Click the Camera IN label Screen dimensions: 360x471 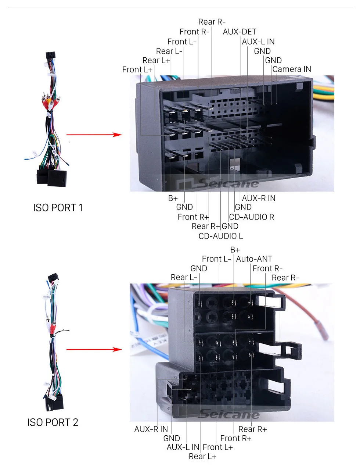pyautogui.click(x=292, y=69)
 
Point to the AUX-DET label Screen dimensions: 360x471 pyautogui.click(x=240, y=32)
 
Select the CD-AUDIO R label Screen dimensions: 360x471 pyautogui.click(x=252, y=217)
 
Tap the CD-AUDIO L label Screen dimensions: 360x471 pyautogui.click(x=220, y=236)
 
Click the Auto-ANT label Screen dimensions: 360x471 pyautogui.click(x=254, y=259)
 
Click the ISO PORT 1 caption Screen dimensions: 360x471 pyautogui.click(x=58, y=208)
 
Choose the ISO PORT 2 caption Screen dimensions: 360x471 pyautogui.click(x=53, y=422)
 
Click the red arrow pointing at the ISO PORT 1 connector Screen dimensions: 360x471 pyautogui.click(x=94, y=135)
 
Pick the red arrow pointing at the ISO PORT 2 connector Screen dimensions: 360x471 pyautogui.click(x=94, y=349)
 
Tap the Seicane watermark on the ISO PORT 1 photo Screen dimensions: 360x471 pyautogui.click(x=228, y=183)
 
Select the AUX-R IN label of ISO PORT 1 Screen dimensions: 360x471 pyautogui.click(x=259, y=198)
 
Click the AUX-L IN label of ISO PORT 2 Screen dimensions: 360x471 pyautogui.click(x=183, y=447)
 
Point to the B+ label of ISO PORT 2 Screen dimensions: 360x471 pyautogui.click(x=235, y=250)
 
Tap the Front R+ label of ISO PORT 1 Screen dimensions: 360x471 pyautogui.click(x=193, y=217)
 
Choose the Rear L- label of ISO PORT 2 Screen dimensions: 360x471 pyautogui.click(x=184, y=277)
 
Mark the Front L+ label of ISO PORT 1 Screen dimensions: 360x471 pyautogui.click(x=137, y=69)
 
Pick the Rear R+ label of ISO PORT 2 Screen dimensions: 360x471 pyautogui.click(x=252, y=429)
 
